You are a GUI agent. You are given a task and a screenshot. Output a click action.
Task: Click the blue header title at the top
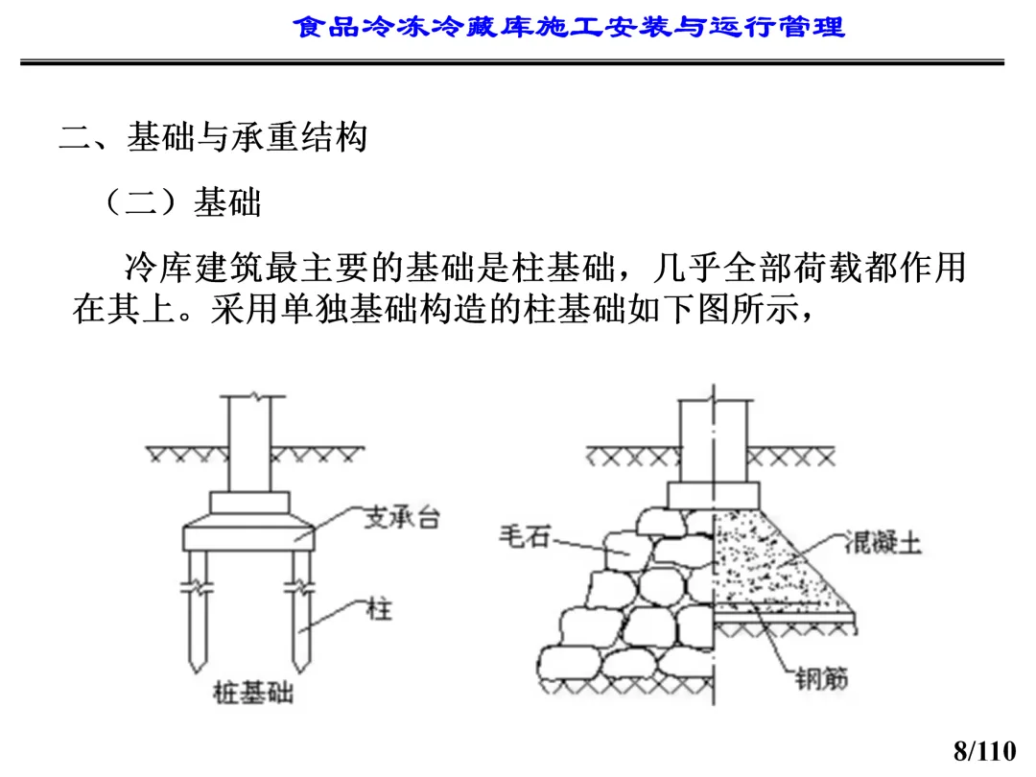[569, 26]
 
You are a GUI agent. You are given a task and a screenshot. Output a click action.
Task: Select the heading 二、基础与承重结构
[213, 138]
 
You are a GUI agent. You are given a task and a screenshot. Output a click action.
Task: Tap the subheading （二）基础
[181, 202]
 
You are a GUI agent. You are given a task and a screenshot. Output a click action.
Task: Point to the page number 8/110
[984, 749]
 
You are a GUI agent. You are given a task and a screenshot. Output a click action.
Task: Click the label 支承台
[402, 519]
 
